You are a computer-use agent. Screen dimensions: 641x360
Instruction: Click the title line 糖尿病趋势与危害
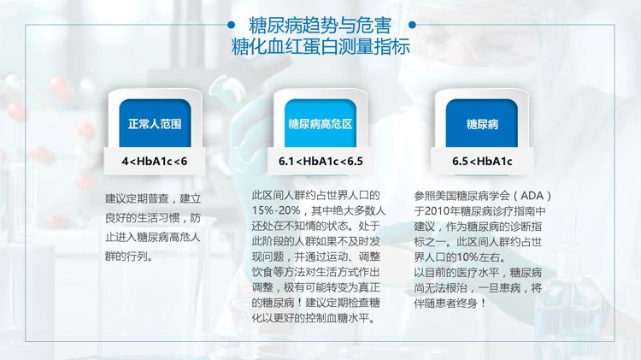320,26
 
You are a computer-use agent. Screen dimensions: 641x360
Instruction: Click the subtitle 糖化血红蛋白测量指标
320,46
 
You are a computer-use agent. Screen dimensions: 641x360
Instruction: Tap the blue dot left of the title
231,26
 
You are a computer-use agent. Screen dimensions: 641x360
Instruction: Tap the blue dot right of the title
412,26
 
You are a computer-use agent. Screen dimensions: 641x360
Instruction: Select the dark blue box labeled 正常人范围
155,123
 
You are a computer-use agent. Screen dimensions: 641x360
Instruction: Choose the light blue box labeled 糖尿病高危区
320,123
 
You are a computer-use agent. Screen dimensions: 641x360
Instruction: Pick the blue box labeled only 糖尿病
481,123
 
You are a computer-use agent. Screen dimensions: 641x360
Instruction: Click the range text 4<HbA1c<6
155,161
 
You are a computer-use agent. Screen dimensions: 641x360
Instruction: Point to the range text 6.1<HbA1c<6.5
320,161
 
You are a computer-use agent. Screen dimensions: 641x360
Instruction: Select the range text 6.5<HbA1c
482,161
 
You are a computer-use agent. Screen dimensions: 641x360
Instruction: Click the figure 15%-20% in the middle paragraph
276,210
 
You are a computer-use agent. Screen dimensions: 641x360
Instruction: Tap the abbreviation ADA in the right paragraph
532,196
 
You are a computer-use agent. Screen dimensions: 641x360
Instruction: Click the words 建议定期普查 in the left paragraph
137,199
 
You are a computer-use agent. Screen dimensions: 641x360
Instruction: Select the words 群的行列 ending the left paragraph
126,257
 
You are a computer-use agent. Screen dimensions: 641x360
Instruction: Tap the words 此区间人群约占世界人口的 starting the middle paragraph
315,196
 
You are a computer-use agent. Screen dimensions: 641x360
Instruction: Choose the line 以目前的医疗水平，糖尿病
478,273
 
